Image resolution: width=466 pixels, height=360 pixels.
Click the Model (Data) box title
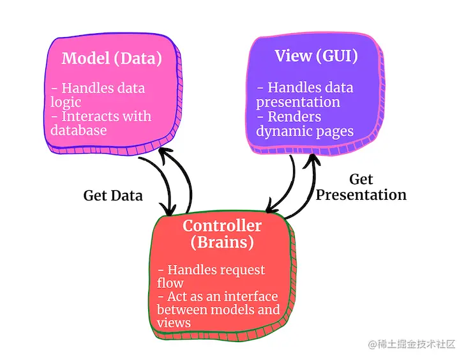(112, 59)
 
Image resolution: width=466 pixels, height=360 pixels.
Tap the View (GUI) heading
(316, 56)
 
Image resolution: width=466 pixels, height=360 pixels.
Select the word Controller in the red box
(222, 226)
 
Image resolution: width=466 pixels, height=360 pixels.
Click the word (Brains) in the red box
(222, 243)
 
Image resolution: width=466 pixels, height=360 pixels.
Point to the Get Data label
(113, 195)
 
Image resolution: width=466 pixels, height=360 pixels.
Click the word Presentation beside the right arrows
(361, 195)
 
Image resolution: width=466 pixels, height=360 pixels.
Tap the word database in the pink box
(79, 130)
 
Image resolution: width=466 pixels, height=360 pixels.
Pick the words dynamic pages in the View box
(304, 131)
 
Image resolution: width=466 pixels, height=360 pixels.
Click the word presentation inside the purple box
(298, 101)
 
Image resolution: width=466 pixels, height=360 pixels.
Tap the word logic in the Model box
(66, 102)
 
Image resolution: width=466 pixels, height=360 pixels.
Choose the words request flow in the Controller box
(211, 276)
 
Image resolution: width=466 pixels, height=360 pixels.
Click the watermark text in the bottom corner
(412, 344)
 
